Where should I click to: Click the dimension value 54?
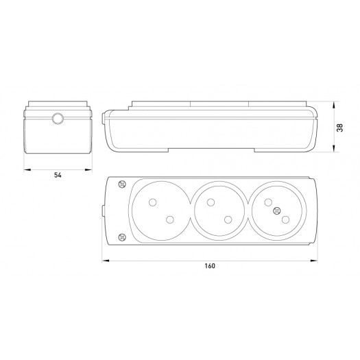click(58, 175)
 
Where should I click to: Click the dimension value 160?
click(210, 266)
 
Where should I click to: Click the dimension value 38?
click(340, 128)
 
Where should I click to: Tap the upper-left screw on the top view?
click(122, 184)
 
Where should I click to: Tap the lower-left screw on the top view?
click(122, 237)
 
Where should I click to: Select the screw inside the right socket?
click(277, 211)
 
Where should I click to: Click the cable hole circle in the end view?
click(58, 119)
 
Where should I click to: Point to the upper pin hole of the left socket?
click(153, 202)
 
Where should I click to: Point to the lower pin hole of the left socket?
click(170, 219)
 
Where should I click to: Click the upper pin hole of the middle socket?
click(211, 202)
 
